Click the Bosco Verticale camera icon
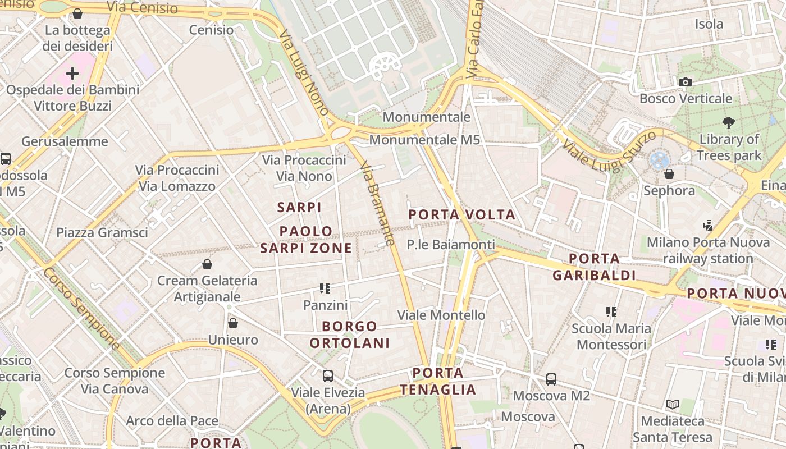[x=685, y=83]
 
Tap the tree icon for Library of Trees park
[x=729, y=122]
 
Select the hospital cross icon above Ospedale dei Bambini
[x=72, y=74]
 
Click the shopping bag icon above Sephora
[x=669, y=174]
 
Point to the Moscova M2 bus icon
[x=551, y=379]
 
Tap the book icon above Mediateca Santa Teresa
[x=672, y=404]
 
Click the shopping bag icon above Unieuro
[x=232, y=323]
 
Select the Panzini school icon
[x=325, y=288]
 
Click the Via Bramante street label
[x=376, y=203]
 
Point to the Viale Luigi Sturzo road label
[x=609, y=150]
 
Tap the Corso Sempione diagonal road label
[x=81, y=309]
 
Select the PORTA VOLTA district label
[x=461, y=214]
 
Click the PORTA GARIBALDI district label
[x=594, y=267]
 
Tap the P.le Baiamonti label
[x=451, y=245]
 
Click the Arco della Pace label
[x=172, y=421]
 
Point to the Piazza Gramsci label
[x=102, y=232]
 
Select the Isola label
[x=709, y=24]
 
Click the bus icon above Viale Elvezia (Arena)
[x=328, y=376]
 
